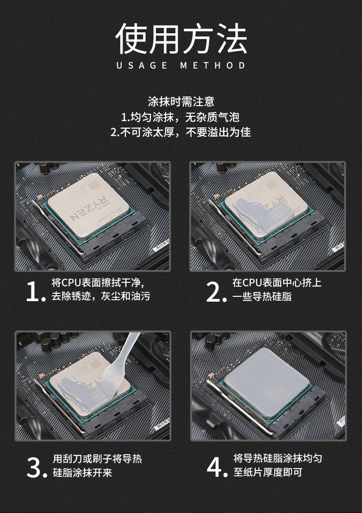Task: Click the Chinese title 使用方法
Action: (181, 39)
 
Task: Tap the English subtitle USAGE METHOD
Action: (181, 66)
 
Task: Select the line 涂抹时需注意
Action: (181, 102)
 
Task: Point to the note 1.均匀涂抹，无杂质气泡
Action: (181, 117)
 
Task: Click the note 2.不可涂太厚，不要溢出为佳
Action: (181, 132)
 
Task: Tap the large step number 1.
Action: (35, 291)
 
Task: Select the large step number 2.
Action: (216, 291)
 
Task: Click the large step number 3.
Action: (37, 468)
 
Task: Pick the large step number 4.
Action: (217, 467)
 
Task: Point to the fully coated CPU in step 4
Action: (266, 383)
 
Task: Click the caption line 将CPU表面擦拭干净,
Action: (98, 283)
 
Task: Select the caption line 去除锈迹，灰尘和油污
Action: (101, 296)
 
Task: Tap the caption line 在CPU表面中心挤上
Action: (277, 283)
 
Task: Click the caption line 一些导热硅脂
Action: (262, 297)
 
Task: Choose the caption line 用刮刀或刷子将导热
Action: (97, 458)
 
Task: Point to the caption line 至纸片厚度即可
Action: (268, 472)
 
